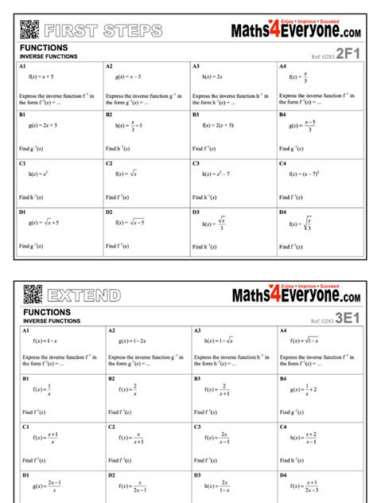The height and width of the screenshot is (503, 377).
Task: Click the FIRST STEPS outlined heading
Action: tap(104, 31)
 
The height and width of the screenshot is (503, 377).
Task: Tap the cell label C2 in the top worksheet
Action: tap(110, 163)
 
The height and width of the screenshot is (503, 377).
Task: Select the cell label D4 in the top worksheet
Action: tap(283, 212)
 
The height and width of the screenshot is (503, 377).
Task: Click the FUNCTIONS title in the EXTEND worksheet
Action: tap(47, 313)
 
